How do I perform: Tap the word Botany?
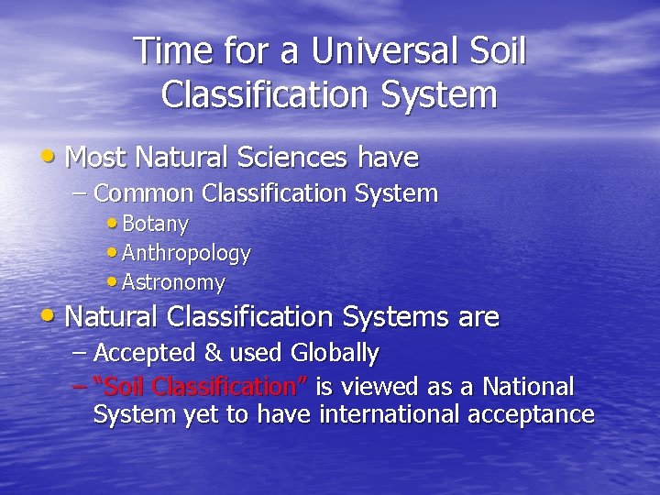click(x=155, y=224)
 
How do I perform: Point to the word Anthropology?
click(x=186, y=253)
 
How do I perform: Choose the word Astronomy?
click(x=173, y=282)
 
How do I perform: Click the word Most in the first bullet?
click(x=96, y=158)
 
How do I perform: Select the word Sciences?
click(x=294, y=158)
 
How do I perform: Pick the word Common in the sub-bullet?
click(x=144, y=193)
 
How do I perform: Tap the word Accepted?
click(x=145, y=353)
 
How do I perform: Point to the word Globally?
click(x=335, y=353)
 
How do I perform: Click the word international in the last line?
click(x=390, y=414)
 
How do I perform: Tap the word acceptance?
click(x=531, y=415)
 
